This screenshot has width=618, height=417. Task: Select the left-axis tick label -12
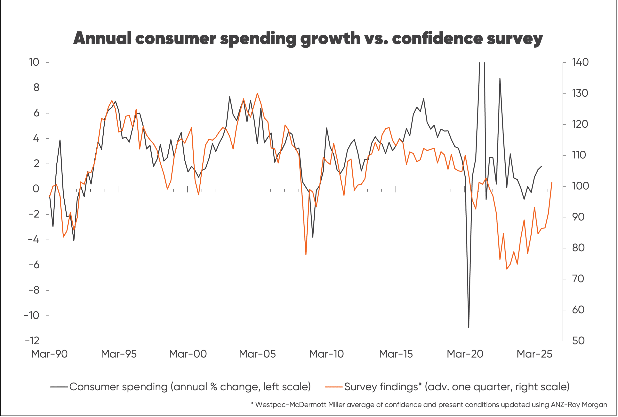(x=32, y=341)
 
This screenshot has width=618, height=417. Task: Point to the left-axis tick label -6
(x=34, y=265)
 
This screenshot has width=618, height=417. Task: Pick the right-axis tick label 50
(x=578, y=341)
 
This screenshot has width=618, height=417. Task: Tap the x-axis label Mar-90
(x=49, y=354)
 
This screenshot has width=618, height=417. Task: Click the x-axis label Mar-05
(x=257, y=354)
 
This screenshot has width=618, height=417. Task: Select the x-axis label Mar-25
(x=534, y=354)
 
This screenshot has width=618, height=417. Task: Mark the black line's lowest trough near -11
(x=469, y=327)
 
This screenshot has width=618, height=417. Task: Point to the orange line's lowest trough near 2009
(x=306, y=255)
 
